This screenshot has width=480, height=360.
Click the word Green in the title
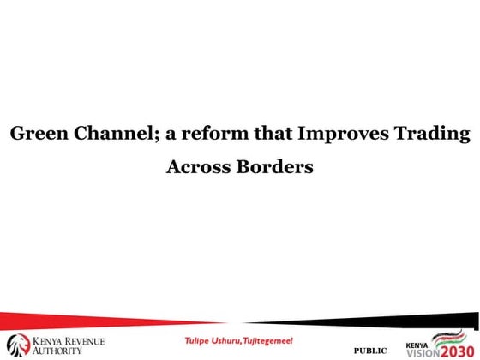point(36,135)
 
